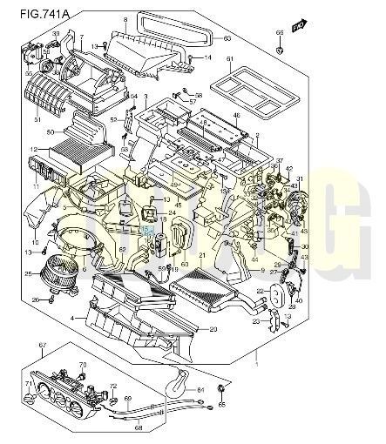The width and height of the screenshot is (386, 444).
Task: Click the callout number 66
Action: click(279, 33)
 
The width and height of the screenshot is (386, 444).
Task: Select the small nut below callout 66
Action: click(279, 48)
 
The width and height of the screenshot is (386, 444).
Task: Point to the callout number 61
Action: click(230, 59)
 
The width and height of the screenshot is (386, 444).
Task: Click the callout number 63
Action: click(227, 38)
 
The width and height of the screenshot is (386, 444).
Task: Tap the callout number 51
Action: click(37, 119)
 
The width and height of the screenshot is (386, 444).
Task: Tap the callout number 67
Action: click(42, 346)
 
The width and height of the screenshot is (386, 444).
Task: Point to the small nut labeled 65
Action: click(221, 387)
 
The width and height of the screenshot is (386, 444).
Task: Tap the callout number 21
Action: click(202, 255)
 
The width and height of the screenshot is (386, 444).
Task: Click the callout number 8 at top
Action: click(125, 19)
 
